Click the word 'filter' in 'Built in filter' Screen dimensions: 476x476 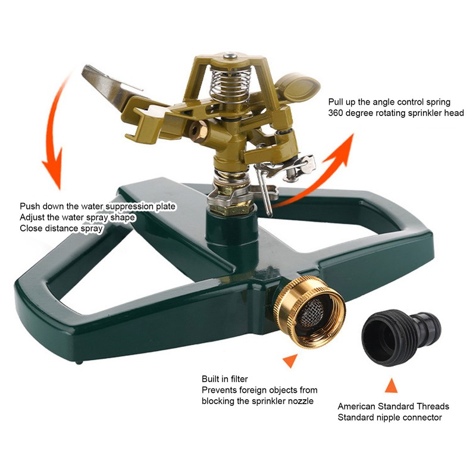click(237, 379)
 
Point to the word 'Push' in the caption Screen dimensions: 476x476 click(30, 206)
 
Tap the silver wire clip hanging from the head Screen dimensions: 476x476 click(265, 190)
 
